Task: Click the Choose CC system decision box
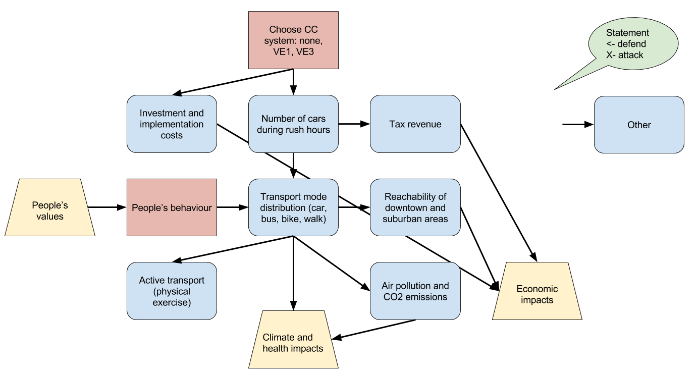[293, 40]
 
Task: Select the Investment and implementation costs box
[172, 124]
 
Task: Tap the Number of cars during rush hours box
[293, 124]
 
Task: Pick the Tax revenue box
[415, 124]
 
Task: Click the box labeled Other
[639, 125]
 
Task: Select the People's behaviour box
[172, 207]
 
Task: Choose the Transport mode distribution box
[293, 207]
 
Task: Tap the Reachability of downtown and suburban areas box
[415, 207]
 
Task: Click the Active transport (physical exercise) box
[172, 291]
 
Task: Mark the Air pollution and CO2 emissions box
[415, 291]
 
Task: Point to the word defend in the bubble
[632, 44]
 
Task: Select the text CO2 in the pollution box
[394, 297]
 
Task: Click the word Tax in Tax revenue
[397, 124]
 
